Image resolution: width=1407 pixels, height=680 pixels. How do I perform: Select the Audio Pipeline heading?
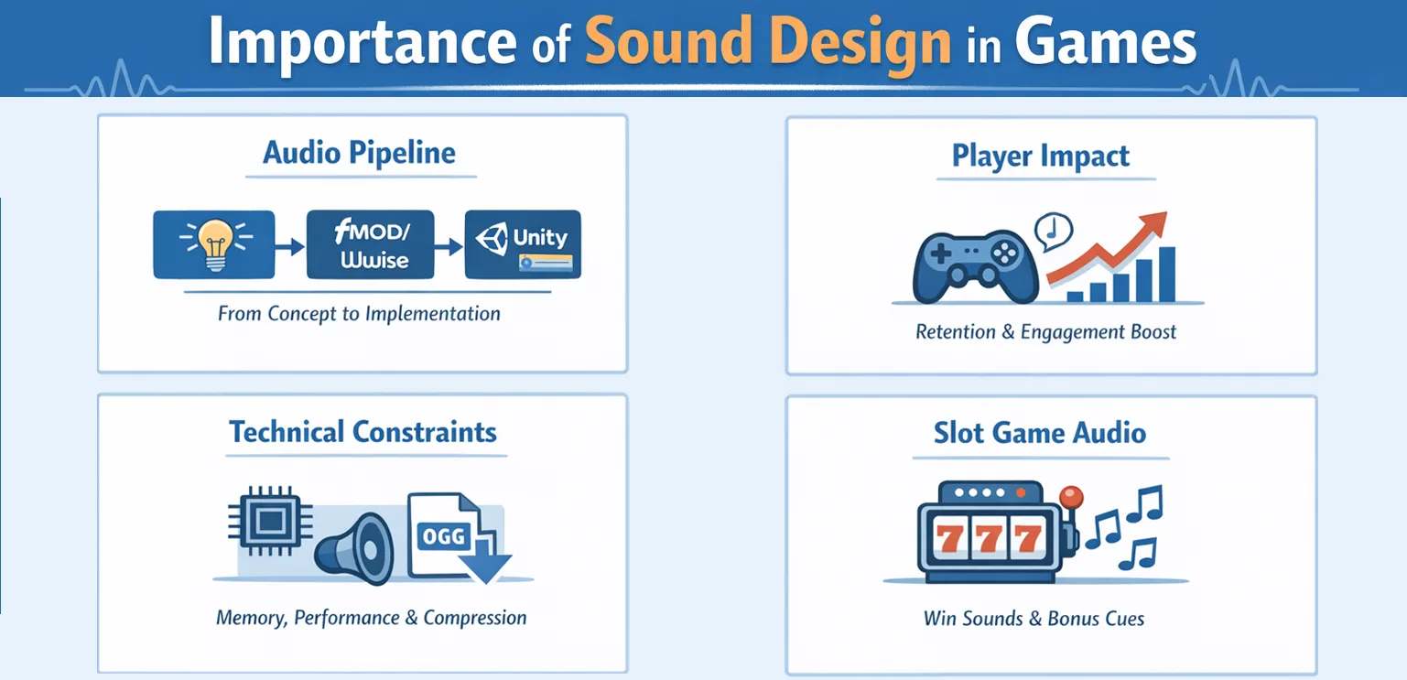(359, 153)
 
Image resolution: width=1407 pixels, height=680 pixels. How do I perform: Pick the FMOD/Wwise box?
(372, 245)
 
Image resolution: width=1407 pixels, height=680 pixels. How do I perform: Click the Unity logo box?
(524, 245)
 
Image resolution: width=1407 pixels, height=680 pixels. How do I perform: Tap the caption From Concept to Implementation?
(359, 314)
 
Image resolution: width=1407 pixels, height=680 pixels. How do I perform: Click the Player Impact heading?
(1041, 156)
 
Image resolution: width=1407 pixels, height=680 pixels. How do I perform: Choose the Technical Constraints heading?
(363, 431)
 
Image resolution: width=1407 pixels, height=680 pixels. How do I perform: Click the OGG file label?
(443, 535)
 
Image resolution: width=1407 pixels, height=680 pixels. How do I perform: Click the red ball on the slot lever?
(1070, 497)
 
